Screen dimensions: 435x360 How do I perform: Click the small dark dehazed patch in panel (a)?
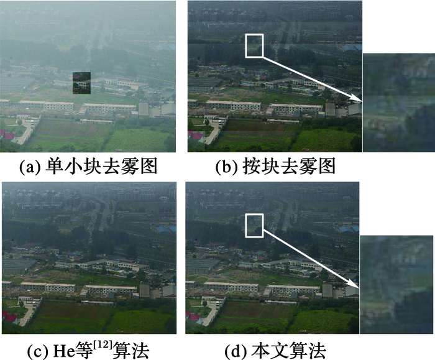[x=81, y=80]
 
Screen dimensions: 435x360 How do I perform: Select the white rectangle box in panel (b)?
[x=255, y=45]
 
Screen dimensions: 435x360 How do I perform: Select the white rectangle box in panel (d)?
[x=255, y=225]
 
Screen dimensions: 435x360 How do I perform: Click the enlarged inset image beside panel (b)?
[x=398, y=103]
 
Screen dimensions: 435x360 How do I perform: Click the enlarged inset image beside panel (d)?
[x=396, y=285]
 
